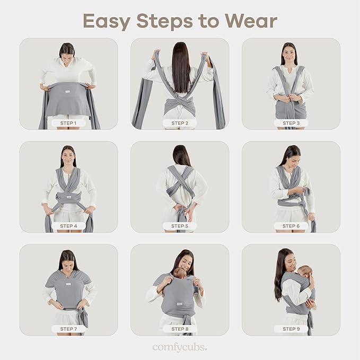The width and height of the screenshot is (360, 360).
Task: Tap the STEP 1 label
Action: [68, 123]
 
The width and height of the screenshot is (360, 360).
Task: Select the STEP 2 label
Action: [180, 123]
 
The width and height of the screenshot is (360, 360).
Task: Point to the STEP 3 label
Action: [291, 123]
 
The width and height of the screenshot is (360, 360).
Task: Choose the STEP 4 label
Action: [68, 226]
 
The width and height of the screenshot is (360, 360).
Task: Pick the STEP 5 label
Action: [180, 226]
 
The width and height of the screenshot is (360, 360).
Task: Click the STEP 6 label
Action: [291, 226]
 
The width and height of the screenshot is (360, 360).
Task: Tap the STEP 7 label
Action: [68, 329]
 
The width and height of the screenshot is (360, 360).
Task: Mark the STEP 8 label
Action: [180, 329]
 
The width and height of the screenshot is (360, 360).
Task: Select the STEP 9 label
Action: [291, 329]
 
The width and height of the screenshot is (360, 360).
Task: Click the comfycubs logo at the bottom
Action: [180, 347]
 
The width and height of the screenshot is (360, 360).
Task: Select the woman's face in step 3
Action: [289, 55]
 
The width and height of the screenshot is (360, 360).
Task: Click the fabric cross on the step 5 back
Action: [180, 183]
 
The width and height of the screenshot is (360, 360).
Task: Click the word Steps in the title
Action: [171, 21]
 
